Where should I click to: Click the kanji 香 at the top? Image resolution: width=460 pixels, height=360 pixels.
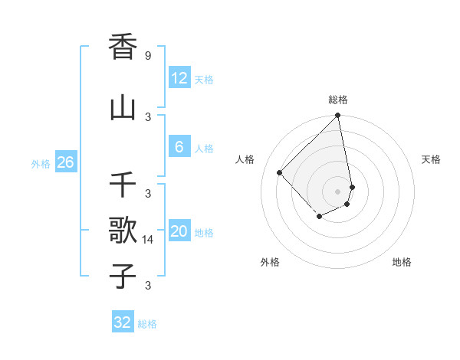123,47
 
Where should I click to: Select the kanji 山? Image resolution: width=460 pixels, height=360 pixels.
123,108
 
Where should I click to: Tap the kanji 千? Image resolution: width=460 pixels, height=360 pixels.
123,185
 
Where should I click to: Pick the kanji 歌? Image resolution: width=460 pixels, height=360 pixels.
123,231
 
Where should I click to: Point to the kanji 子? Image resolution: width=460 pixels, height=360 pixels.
123,276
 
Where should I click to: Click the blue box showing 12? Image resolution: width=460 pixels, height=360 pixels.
179,78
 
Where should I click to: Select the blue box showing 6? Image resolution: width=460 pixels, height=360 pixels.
179,147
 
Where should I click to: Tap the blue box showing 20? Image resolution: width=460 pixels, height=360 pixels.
179,231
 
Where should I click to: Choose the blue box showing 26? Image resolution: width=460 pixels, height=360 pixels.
65,162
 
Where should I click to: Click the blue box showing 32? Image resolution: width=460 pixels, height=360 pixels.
123,322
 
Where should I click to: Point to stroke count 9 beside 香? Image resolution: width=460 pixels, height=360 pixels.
148,56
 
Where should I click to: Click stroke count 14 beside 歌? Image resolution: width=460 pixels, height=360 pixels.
149,240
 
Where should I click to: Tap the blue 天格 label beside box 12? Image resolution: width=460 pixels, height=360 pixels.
204,79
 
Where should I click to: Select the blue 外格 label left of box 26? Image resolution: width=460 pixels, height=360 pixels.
41,163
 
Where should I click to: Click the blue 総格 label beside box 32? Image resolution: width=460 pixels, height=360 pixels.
147,323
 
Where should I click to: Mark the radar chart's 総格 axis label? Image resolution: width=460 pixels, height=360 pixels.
338,100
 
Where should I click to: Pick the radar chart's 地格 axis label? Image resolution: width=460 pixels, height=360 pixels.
402,262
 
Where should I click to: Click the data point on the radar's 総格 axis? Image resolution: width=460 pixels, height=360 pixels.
338,116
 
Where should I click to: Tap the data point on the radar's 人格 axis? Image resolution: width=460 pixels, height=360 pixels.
280,172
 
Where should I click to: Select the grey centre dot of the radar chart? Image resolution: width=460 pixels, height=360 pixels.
338,191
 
